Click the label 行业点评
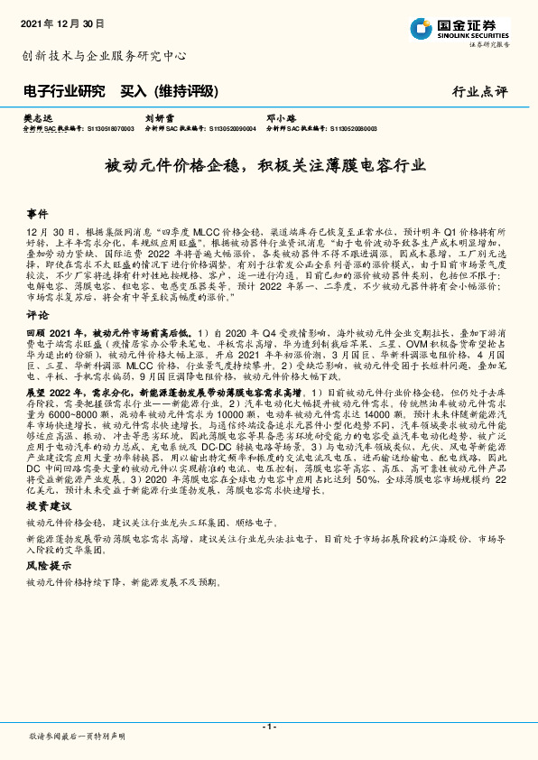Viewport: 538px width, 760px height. coord(480,92)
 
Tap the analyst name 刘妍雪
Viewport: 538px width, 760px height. coord(161,117)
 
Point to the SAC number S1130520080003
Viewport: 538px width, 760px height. coord(347,129)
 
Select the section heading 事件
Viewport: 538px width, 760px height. coord(37,215)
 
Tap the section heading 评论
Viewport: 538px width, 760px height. coord(37,316)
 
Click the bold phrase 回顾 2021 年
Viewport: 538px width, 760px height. coord(55,333)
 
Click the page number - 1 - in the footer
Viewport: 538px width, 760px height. coord(268,727)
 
